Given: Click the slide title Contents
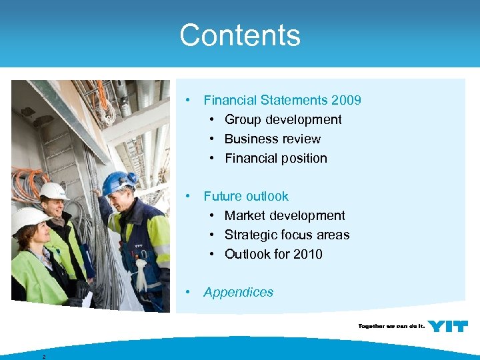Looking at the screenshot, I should [240, 35].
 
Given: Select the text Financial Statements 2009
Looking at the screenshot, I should [282, 100].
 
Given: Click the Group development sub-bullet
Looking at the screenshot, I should [283, 119].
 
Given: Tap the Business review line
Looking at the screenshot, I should [272, 139].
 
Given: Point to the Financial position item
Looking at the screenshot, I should [275, 158].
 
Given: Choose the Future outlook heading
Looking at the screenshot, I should [246, 196].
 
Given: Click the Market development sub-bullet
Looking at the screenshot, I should [285, 215].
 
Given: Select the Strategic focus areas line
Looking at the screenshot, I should [287, 235].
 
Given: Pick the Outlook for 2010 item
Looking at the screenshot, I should [273, 254].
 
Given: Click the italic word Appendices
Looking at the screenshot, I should [238, 292].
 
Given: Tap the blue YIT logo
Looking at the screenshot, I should [447, 326].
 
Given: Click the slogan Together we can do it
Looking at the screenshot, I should [390, 326].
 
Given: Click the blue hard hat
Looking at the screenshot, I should [119, 181].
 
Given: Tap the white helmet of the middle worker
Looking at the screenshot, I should [53, 191].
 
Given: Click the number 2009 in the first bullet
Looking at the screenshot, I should [346, 100].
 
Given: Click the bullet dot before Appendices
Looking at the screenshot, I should [189, 292].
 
